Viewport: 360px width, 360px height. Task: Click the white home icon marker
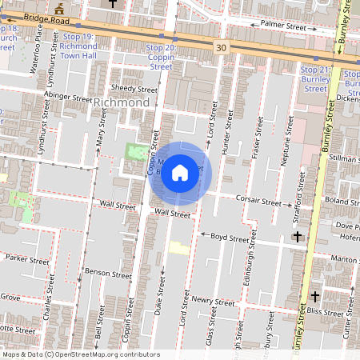[180, 173]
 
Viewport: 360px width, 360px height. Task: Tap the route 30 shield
[221, 49]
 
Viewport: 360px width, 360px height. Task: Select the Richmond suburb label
[122, 103]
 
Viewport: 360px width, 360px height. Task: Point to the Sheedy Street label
[135, 89]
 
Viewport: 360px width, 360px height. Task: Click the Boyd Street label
[230, 238]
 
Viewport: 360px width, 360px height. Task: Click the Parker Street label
[27, 258]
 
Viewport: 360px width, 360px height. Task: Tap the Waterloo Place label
[34, 58]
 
